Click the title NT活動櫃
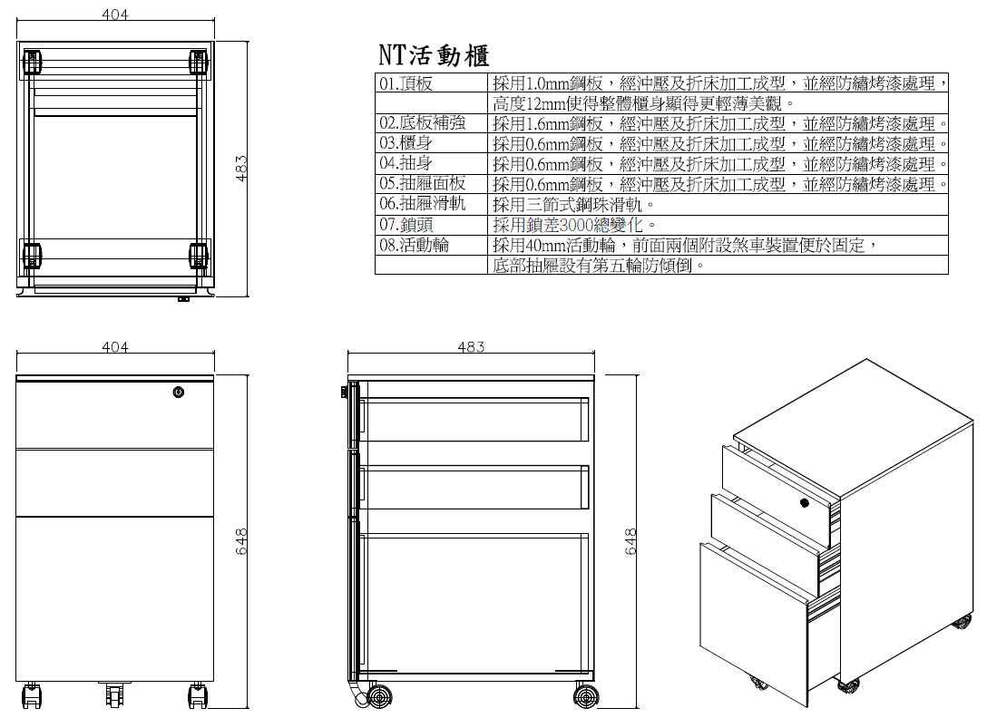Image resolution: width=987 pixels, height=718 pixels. [x=434, y=55]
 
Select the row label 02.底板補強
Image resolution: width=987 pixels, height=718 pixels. [x=422, y=123]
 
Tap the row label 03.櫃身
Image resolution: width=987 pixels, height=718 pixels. [x=406, y=143]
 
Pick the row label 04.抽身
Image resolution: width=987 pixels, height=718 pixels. [x=406, y=164]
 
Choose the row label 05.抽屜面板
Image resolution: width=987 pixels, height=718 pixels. [x=422, y=184]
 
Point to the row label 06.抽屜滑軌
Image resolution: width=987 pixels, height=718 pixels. [x=422, y=204]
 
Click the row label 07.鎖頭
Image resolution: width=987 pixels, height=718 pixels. [x=406, y=225]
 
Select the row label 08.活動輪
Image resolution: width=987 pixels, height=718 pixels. [x=414, y=245]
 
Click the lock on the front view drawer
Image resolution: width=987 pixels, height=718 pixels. [x=179, y=393]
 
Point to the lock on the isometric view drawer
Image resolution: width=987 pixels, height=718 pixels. [x=805, y=502]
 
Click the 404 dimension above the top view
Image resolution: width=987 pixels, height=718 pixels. [x=115, y=15]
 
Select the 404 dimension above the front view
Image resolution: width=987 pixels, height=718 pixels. [x=115, y=347]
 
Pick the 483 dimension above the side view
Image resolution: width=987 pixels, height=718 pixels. [x=471, y=347]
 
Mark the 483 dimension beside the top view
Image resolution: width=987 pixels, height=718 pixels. [x=242, y=169]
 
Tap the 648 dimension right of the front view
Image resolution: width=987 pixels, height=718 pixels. [x=242, y=542]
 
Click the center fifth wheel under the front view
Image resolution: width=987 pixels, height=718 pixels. [x=114, y=695]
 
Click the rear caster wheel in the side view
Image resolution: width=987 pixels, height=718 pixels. [x=586, y=696]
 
